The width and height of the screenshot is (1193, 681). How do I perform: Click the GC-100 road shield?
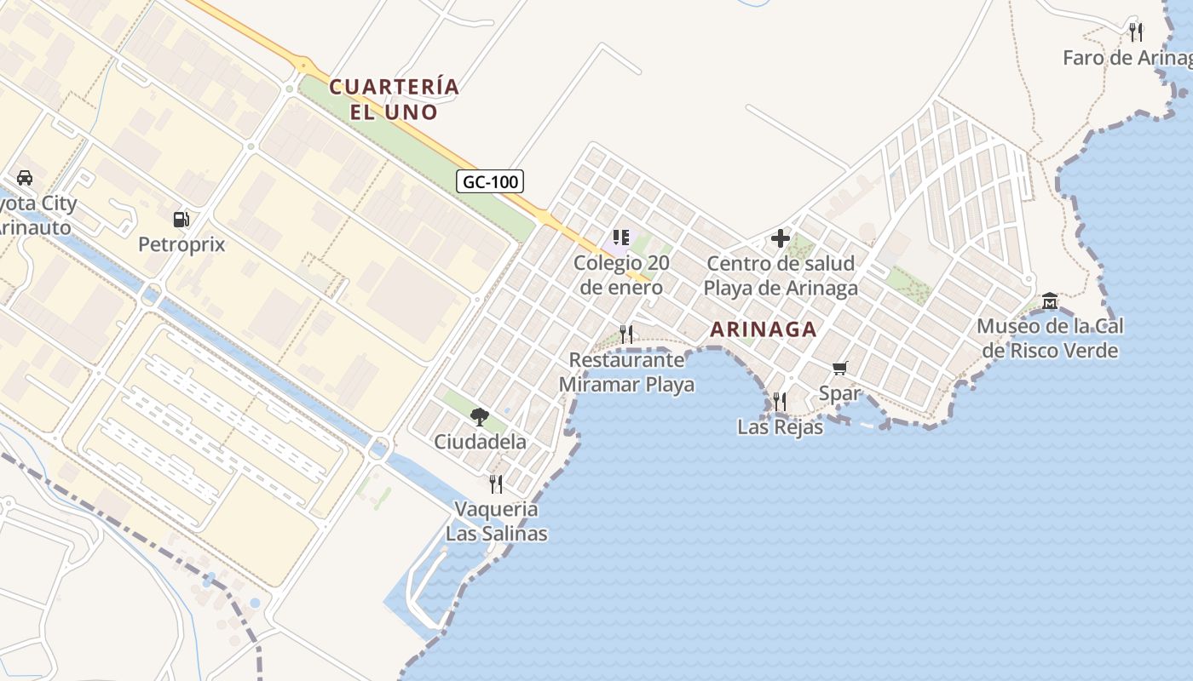490,181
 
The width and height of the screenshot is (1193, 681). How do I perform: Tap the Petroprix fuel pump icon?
181,220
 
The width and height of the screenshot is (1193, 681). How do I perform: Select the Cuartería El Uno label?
394,99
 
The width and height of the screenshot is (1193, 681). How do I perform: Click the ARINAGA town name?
763,329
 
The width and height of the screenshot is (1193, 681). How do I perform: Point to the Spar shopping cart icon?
840,368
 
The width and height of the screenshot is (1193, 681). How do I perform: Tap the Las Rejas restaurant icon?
779,401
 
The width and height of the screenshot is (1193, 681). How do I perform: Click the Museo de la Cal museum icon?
1050,300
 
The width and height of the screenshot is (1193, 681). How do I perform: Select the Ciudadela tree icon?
480,416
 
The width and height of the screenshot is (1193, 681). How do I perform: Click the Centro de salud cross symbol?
780,238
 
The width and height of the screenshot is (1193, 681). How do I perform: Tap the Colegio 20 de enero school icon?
621,237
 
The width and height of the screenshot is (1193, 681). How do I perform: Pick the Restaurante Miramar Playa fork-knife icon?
626,334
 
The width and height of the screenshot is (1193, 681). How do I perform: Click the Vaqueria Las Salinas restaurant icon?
496,484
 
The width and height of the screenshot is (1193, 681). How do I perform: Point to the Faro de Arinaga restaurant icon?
1135,32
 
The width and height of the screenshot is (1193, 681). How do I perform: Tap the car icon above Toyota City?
25,178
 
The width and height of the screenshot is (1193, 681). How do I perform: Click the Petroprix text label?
182,245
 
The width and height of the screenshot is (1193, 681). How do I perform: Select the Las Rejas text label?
781,427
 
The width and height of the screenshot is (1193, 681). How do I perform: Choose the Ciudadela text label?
480,443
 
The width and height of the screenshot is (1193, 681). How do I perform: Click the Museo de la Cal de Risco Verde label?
1050,338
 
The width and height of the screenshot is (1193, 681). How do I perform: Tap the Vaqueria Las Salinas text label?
496,522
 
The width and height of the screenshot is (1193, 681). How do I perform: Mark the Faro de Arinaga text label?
1127,58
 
